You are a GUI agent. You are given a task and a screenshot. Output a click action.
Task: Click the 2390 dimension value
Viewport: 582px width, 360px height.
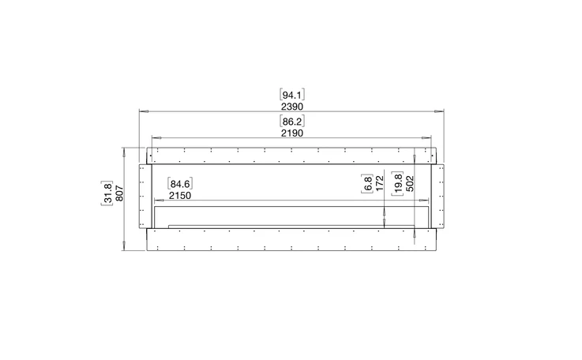[292, 107]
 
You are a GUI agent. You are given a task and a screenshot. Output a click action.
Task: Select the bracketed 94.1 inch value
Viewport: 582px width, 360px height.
[292, 95]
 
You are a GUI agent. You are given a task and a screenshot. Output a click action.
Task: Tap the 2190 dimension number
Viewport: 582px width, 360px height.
[292, 133]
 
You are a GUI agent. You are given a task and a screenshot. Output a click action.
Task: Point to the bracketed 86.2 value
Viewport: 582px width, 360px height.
[292, 122]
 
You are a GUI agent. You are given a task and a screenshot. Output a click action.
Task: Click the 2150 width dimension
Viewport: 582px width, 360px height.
[180, 196]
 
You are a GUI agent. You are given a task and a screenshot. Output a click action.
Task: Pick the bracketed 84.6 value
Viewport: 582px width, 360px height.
[180, 184]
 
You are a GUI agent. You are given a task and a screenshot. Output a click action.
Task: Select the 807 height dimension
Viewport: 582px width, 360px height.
[119, 193]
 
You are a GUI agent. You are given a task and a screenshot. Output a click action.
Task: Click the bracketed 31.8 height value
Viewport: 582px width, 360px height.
[107, 193]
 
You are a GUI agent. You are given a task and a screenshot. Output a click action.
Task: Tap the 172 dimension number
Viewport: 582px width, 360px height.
[379, 183]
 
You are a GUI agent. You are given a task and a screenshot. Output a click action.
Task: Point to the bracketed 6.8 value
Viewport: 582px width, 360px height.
[367, 183]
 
